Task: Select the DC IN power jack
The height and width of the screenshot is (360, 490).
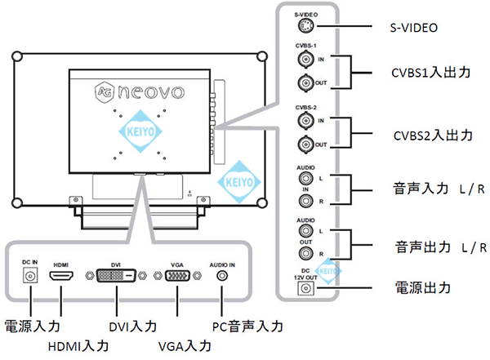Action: (x=30, y=278)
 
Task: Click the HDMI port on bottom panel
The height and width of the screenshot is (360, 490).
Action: (x=60, y=278)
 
